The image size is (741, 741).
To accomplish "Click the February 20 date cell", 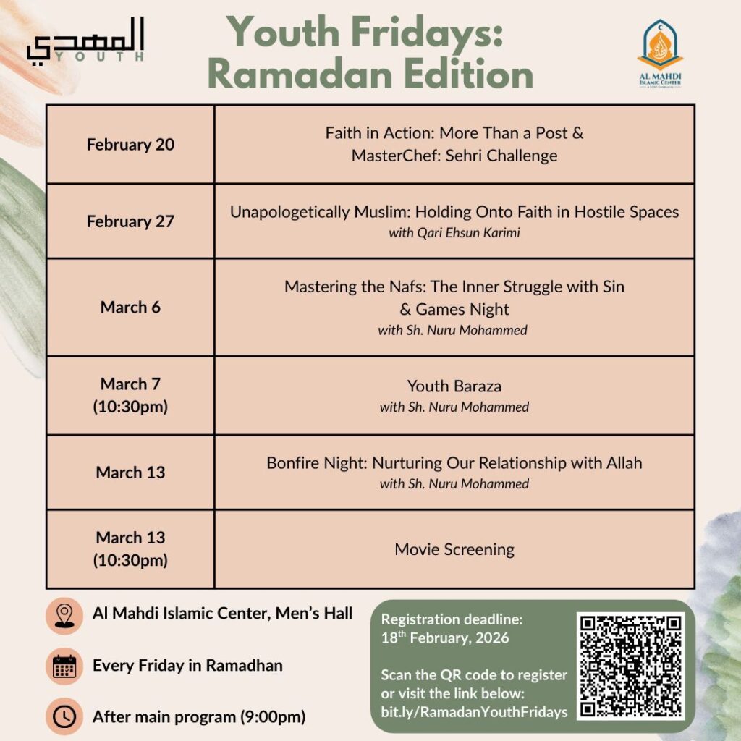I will [130, 144].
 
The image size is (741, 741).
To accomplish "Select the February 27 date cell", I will [130, 221].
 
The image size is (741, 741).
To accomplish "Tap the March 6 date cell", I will [130, 307].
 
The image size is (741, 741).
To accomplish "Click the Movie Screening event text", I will [454, 549].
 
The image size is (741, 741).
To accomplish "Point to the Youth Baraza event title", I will [454, 386].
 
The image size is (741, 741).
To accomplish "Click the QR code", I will [631, 666].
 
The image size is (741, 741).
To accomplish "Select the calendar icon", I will [64, 666].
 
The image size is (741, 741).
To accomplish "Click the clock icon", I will [64, 716].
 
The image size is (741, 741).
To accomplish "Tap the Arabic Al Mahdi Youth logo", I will [85, 40].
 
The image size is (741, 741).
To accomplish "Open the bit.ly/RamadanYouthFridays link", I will [474, 712].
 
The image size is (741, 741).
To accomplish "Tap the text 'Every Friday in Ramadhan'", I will [187, 665].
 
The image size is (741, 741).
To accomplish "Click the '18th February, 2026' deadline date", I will [445, 638].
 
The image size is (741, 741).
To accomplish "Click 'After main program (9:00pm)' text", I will [199, 717].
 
